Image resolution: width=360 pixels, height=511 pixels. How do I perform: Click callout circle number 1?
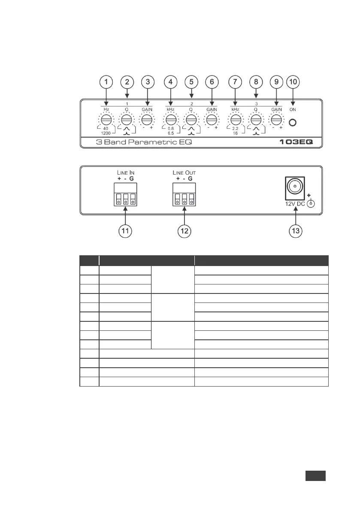click(x=106, y=82)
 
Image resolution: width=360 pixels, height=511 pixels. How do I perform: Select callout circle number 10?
click(x=294, y=82)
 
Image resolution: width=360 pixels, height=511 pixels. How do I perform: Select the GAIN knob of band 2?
click(x=212, y=119)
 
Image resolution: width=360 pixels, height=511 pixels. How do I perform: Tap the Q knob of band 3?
click(x=256, y=119)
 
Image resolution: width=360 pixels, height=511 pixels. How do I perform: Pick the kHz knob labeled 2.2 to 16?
click(x=235, y=119)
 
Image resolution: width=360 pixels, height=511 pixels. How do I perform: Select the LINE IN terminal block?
click(x=125, y=194)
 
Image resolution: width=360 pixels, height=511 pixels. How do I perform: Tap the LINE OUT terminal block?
click(x=185, y=194)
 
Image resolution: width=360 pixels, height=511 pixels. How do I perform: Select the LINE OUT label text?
click(x=184, y=172)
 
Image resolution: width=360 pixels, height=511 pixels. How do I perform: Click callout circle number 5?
click(x=191, y=82)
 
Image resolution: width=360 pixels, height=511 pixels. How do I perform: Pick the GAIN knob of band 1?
click(x=147, y=119)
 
